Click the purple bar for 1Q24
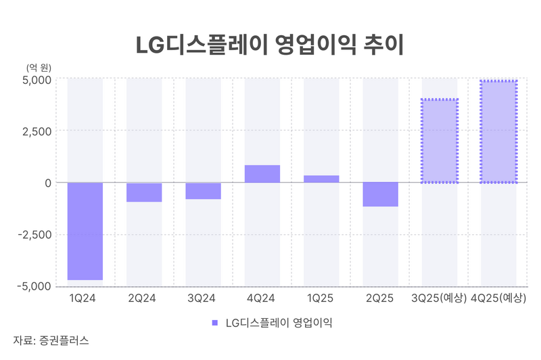click(x=85, y=231)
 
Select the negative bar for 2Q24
click(x=144, y=192)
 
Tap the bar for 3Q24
click(x=203, y=191)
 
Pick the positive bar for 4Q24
click(x=262, y=174)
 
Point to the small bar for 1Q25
click(x=321, y=179)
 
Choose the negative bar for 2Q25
click(x=380, y=194)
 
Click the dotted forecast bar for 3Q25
click(x=440, y=141)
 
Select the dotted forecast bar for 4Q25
click(x=498, y=132)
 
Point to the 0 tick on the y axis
click(x=48, y=183)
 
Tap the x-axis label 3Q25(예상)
click(x=440, y=298)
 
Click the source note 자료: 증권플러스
click(x=51, y=340)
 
